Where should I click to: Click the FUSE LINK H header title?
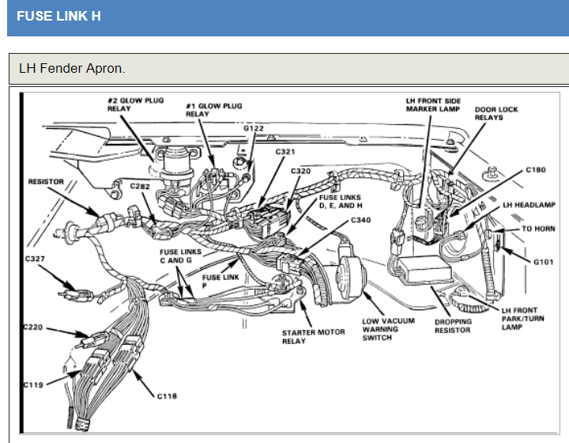click(58, 16)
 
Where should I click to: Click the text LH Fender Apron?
click(72, 68)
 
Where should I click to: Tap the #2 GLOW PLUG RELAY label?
click(135, 104)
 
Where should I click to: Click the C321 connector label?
click(285, 151)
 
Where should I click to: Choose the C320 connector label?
click(300, 171)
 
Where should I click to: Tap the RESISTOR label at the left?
click(46, 182)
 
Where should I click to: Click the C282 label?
click(141, 187)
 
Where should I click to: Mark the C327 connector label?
click(36, 259)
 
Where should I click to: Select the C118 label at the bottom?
click(167, 395)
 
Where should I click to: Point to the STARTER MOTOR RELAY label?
click(313, 336)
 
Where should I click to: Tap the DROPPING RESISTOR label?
click(452, 326)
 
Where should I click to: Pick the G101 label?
click(543, 262)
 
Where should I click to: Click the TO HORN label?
click(539, 229)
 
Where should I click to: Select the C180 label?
click(536, 170)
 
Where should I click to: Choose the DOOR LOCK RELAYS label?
click(496, 113)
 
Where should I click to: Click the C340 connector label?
click(361, 219)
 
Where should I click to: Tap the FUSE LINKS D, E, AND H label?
click(341, 201)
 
